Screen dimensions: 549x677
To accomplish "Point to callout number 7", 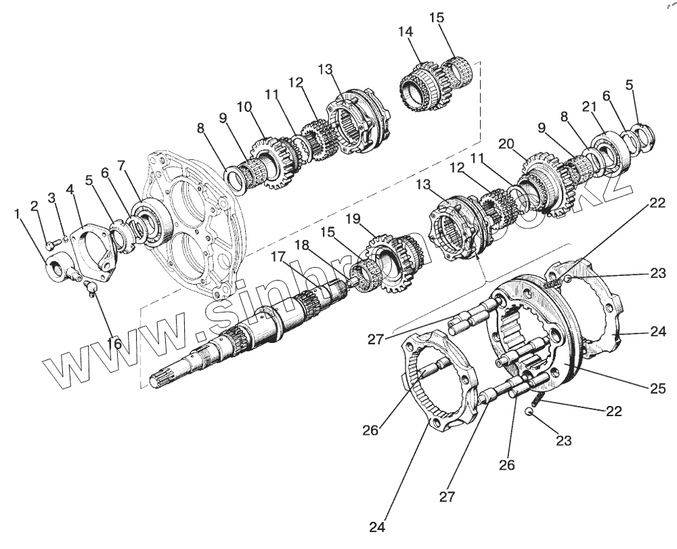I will point(121,165).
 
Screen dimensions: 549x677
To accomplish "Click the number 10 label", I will point(244,107).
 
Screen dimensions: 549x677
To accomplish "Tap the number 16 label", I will point(114,344).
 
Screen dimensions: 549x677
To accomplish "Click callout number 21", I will point(588,106).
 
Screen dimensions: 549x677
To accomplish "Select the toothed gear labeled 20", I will point(542,183).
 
